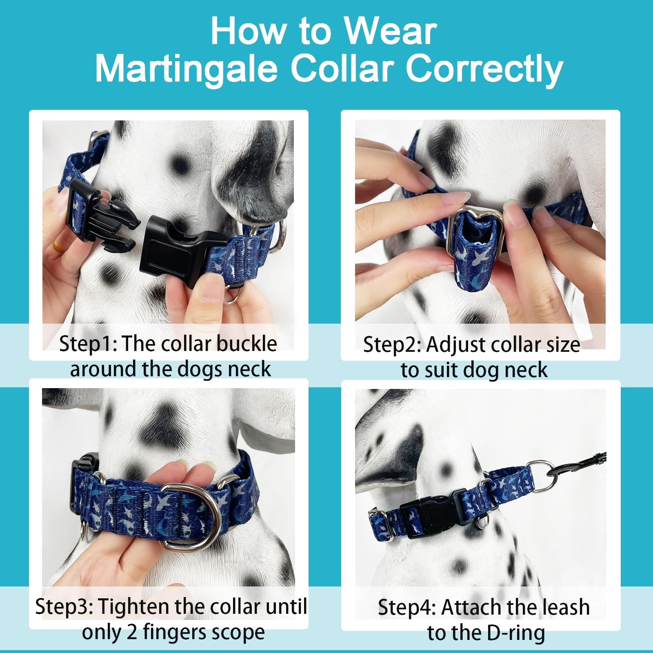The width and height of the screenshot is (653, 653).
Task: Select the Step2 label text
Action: (391, 345)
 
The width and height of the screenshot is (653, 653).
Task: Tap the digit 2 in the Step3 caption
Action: (131, 632)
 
